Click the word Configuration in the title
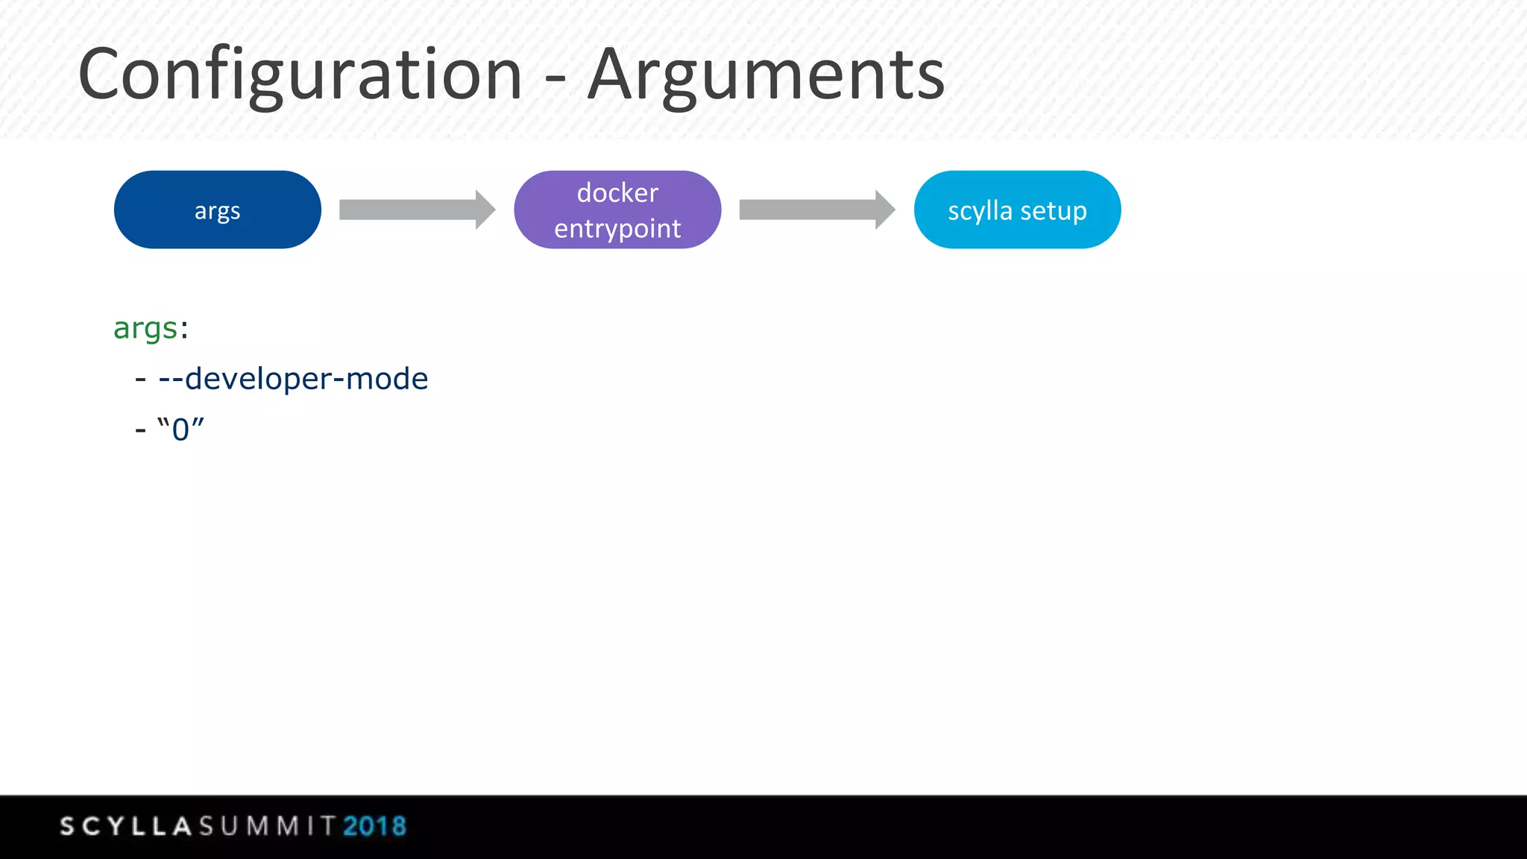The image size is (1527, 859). (x=300, y=75)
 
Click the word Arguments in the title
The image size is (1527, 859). (x=766, y=75)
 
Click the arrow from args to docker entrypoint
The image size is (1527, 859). (x=416, y=210)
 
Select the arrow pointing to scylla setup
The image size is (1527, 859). (x=816, y=210)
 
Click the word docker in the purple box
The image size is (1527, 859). (x=617, y=192)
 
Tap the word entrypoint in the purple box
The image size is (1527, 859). (x=617, y=228)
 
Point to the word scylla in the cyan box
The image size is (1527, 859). (x=980, y=211)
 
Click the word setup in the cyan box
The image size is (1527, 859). (x=1054, y=211)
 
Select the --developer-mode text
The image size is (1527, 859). (x=293, y=379)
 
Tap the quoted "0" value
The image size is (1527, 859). (x=180, y=429)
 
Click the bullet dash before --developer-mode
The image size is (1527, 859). (x=140, y=380)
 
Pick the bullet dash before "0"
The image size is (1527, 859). (x=140, y=430)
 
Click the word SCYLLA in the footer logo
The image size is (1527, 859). (x=126, y=826)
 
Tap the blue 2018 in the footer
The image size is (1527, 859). (x=374, y=826)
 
